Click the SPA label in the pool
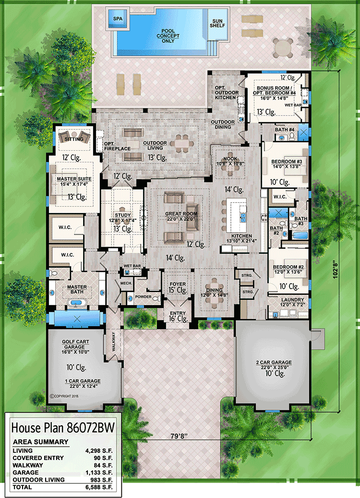pos(118,19)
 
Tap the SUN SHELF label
pos(217,23)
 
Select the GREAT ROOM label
pos(181,214)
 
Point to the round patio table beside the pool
pos(282,48)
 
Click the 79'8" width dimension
pos(179,437)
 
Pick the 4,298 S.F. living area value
pos(99,451)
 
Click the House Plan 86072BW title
pos(63,427)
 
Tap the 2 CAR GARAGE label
pos(274,362)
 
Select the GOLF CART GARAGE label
pos(75,344)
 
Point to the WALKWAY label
pos(113,342)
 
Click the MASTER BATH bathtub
pos(76,303)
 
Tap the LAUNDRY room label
pos(292,299)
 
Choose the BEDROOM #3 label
pos(287,161)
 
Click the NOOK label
pos(230,158)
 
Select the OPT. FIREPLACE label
pos(117,146)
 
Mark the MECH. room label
pos(126,283)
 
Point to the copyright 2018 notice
pos(64,396)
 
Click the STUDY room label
pos(123,215)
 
